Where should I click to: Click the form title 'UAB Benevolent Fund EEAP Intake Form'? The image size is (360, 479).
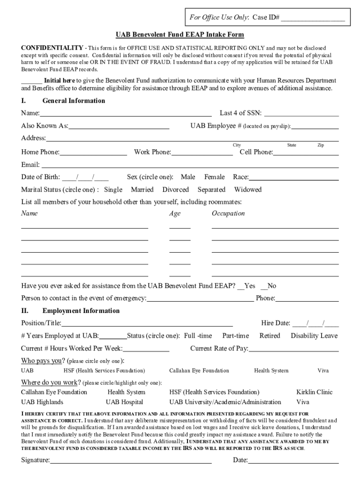click(180, 35)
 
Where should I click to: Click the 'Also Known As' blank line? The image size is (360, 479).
click(119, 127)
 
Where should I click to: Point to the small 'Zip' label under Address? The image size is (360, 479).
click(321, 145)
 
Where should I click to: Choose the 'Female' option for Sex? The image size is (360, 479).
click(214, 177)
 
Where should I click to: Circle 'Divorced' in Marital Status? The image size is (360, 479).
click(175, 190)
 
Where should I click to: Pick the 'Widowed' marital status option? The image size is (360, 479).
click(248, 190)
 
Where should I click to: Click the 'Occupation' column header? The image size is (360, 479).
click(228, 214)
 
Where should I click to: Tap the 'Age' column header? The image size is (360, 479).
click(175, 214)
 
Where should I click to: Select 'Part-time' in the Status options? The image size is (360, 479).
click(235, 336)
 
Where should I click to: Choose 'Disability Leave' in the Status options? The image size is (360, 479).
click(314, 336)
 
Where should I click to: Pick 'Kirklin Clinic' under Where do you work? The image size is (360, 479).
click(314, 392)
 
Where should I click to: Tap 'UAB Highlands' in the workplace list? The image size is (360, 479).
click(42, 402)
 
